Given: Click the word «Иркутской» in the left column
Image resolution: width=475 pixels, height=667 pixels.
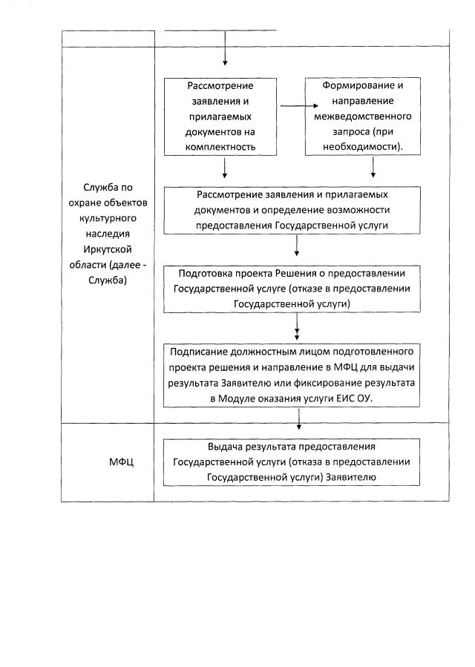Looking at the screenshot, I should click(x=108, y=250).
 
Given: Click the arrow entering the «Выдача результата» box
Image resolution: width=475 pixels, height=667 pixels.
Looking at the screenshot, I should click(x=298, y=421).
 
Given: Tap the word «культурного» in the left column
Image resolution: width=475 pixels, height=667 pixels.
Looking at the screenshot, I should click(x=108, y=220).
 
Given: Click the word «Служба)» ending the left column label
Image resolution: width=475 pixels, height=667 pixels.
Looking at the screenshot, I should click(x=108, y=280).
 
